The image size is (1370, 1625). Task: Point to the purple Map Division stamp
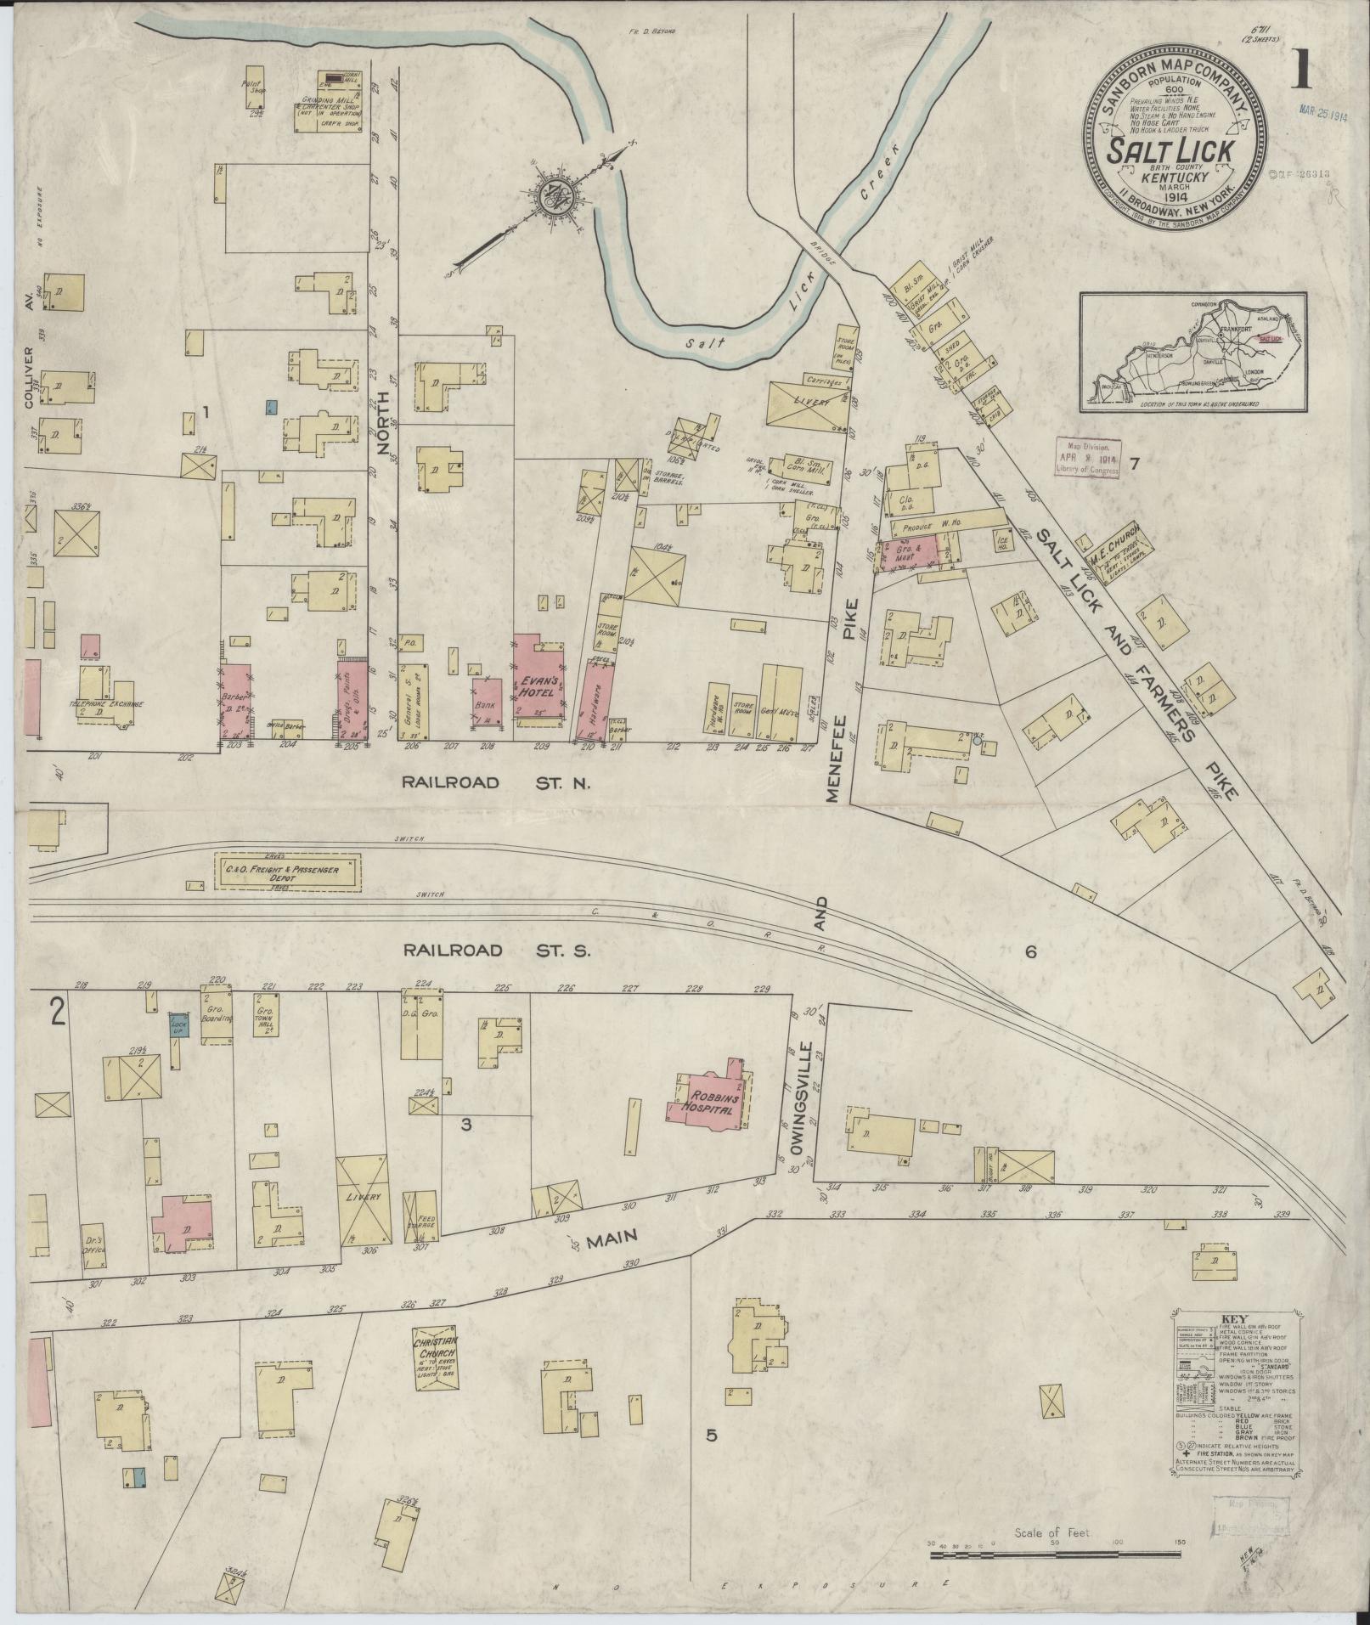pyautogui.click(x=1089, y=458)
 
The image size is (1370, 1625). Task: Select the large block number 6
pyautogui.click(x=1030, y=952)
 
